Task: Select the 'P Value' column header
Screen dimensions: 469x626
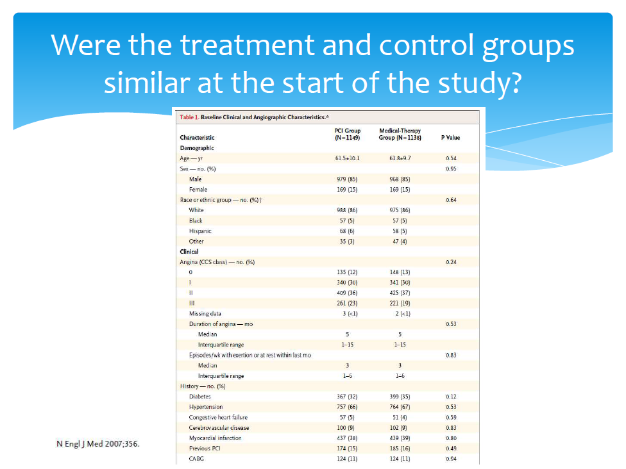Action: coord(450,137)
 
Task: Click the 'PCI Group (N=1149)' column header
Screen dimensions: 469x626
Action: coord(348,134)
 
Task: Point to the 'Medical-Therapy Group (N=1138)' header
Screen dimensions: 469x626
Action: coord(400,134)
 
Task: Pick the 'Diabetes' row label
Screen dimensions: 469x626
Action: coord(200,397)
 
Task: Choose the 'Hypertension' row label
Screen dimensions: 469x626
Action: coord(206,407)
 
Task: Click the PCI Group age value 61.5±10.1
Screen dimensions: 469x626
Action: coord(347,158)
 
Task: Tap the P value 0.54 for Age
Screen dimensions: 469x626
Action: coord(450,158)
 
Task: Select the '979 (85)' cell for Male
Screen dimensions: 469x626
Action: coord(347,179)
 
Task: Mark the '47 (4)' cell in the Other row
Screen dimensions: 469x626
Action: coord(399,242)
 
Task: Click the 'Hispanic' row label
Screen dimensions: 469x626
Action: coord(200,231)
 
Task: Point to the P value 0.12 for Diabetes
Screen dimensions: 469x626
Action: coord(450,397)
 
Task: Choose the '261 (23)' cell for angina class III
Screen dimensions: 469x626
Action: coord(347,303)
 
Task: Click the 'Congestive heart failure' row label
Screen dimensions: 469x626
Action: coord(218,417)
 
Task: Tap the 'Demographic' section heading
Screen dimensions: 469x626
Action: coord(196,147)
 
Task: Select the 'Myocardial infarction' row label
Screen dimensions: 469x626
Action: coord(215,438)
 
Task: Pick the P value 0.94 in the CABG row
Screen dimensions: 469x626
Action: coord(450,459)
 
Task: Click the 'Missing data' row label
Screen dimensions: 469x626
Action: coord(205,314)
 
